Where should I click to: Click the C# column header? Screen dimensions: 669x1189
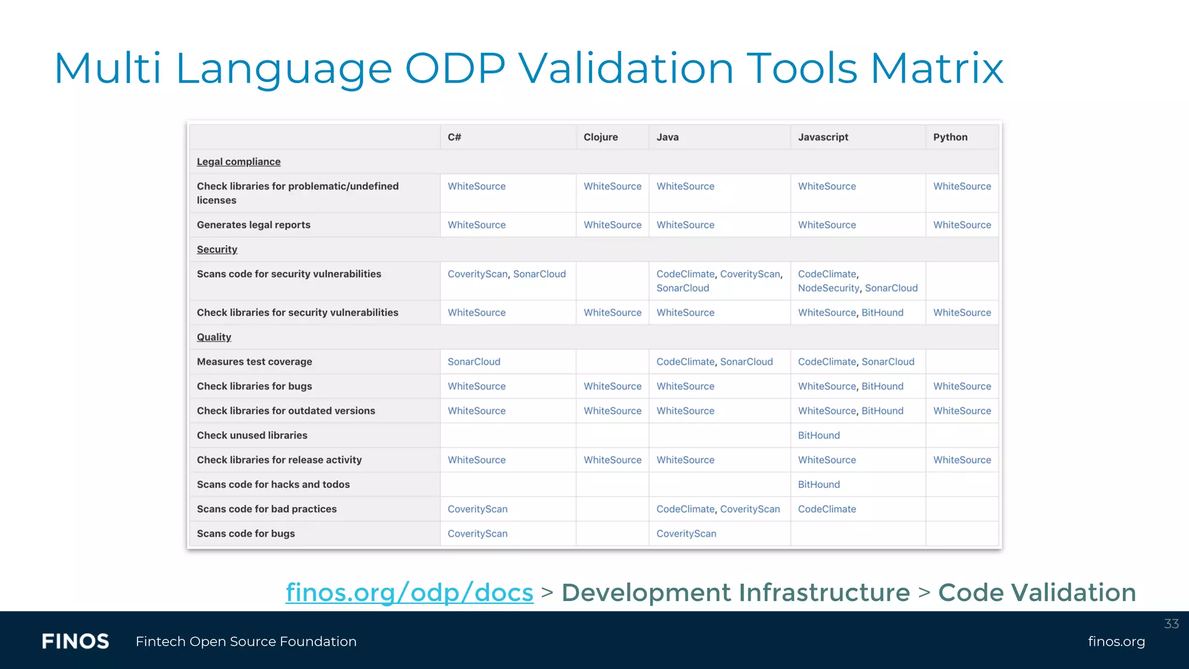pos(454,137)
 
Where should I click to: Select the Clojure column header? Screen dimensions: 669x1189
pos(600,137)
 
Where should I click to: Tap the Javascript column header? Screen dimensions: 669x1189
pos(823,137)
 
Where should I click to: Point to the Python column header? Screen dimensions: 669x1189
pos(950,137)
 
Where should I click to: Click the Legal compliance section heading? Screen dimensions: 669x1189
pos(238,161)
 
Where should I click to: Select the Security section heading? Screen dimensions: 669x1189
pos(217,249)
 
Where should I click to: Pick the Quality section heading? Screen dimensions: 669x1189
pos(214,337)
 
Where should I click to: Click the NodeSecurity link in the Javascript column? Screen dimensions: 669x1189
pos(828,288)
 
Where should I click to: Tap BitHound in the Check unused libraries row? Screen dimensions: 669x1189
pos(819,435)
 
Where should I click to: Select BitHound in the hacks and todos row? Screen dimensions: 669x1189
pos(819,484)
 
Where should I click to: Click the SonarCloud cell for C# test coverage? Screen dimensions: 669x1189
pos(474,361)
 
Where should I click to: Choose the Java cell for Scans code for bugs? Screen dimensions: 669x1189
pos(686,533)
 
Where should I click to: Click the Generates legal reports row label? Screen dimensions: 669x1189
pos(253,225)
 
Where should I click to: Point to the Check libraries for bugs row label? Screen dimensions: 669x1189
pos(254,386)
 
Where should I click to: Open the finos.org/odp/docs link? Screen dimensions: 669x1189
pos(409,592)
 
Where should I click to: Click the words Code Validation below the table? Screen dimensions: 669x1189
pos(1037,592)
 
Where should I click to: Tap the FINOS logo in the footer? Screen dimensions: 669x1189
pos(75,641)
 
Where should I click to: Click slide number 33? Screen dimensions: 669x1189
pos(1171,624)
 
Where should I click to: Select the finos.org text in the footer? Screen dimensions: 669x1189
pos(1116,641)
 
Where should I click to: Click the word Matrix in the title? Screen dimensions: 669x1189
pos(936,69)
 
